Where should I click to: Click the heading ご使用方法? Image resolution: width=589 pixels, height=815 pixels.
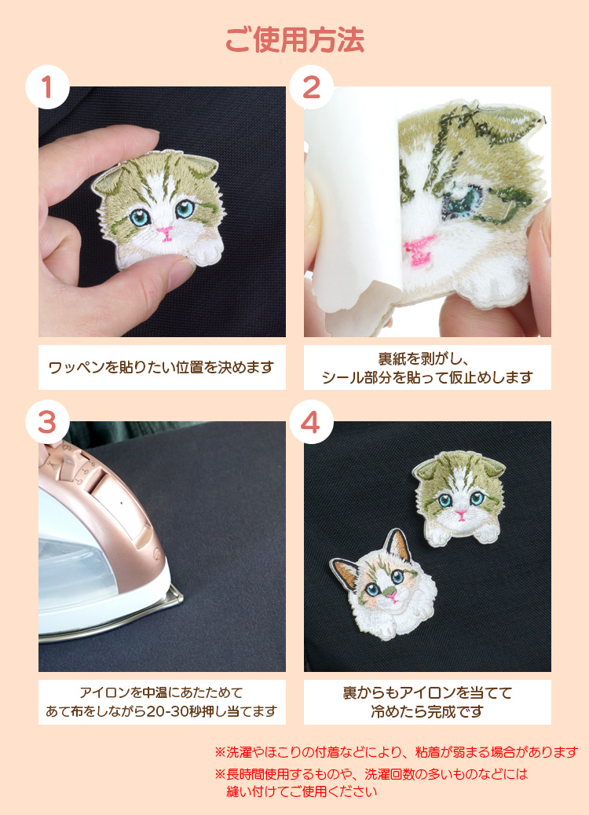click(294, 39)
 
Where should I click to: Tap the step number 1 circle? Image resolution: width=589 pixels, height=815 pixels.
click(47, 86)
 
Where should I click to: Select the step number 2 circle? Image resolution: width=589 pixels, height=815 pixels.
click(311, 86)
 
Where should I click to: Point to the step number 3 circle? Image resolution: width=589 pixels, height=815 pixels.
click(47, 422)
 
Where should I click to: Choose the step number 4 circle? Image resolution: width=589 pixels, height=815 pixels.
click(311, 422)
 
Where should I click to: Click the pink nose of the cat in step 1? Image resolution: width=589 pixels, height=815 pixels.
click(166, 233)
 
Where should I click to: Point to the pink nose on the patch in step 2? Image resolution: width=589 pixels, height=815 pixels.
click(419, 248)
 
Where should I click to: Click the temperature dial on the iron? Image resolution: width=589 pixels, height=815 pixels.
click(68, 457)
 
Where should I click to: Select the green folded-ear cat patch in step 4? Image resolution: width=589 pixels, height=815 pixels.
click(459, 497)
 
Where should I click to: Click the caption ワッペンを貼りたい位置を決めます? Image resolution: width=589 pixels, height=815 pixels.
click(161, 368)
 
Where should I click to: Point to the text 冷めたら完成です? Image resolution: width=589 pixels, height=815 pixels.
click(427, 711)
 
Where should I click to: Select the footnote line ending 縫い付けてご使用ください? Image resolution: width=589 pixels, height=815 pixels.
click(302, 791)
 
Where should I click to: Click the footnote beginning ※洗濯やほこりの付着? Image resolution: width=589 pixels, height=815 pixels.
click(397, 751)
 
